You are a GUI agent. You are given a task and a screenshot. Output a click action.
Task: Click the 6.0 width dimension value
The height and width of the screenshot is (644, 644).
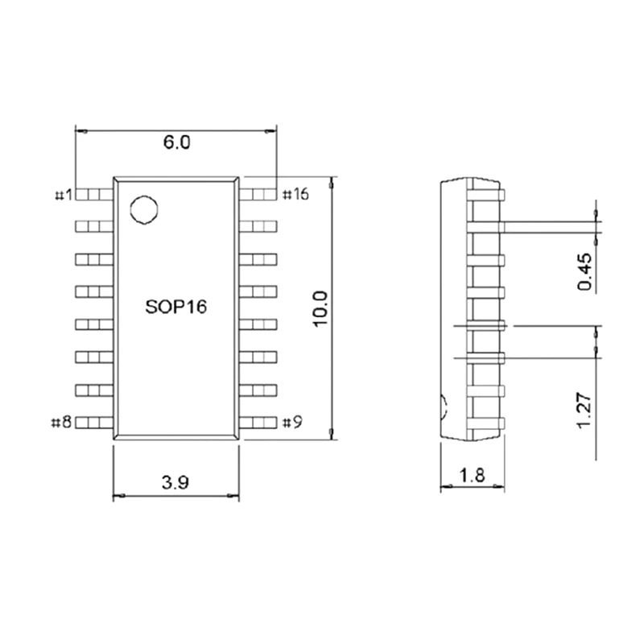click(x=177, y=142)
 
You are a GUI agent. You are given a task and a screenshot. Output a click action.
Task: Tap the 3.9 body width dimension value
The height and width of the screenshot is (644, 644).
click(x=175, y=482)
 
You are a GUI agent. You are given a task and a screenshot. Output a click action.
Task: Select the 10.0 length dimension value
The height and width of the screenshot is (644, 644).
click(x=320, y=308)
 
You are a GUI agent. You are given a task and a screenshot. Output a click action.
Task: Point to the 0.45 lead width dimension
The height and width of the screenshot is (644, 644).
click(x=585, y=271)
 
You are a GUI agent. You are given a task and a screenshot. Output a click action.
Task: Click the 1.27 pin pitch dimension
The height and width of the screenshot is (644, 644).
click(x=584, y=411)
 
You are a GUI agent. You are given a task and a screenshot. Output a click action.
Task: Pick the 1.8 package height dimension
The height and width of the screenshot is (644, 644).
click(x=473, y=475)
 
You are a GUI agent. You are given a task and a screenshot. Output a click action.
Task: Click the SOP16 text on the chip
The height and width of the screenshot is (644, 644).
click(x=176, y=307)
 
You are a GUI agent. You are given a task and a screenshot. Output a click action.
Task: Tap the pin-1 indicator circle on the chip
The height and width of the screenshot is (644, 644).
click(x=144, y=209)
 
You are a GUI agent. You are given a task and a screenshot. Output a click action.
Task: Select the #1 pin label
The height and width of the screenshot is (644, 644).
click(x=64, y=195)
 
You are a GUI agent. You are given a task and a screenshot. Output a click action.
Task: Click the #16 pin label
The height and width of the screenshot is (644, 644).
click(x=295, y=194)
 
